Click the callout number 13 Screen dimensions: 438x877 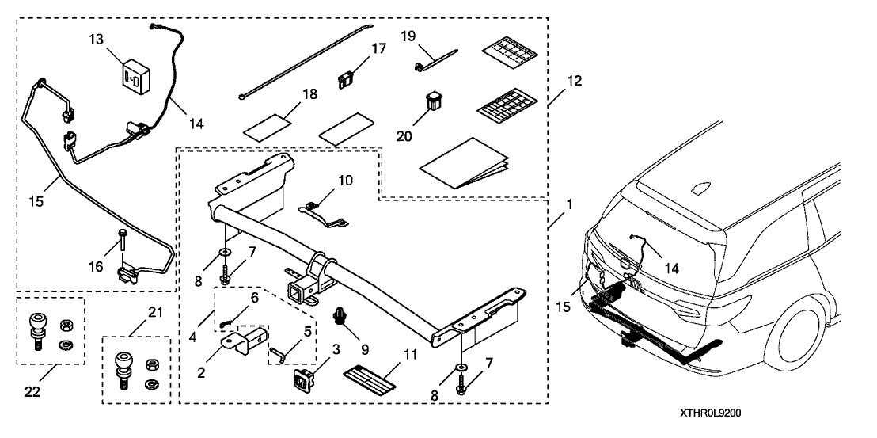(96, 40)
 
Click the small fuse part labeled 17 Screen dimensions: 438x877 (345, 78)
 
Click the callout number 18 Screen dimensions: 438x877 (287, 94)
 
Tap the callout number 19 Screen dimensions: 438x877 (408, 36)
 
